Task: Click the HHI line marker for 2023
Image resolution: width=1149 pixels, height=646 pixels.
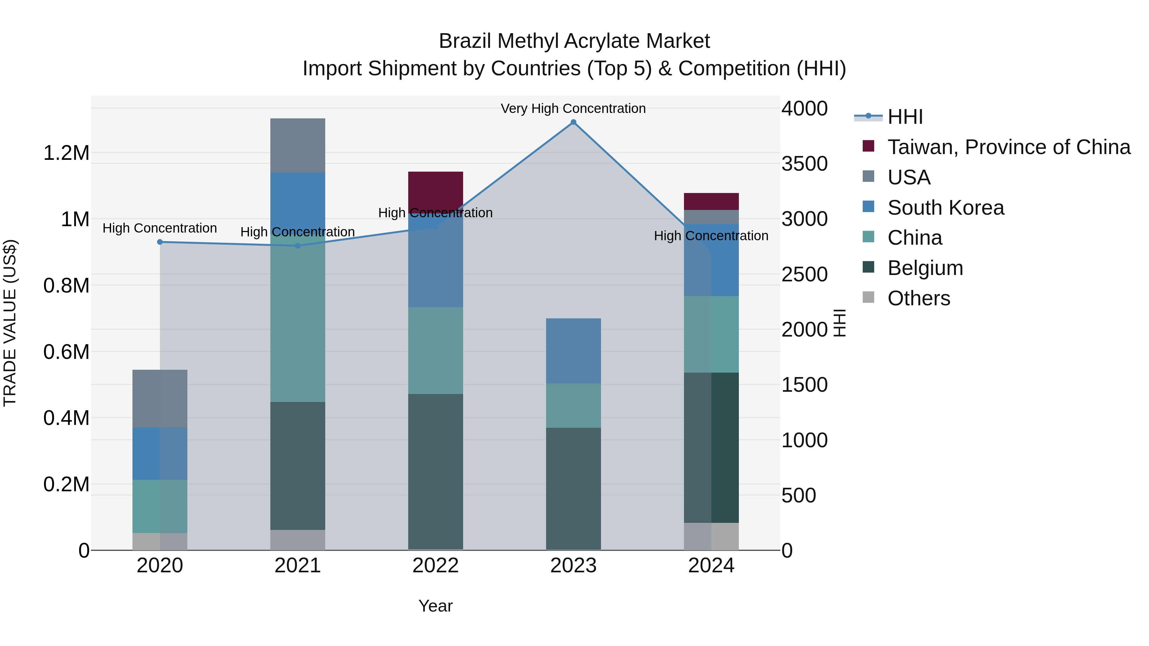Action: (x=574, y=122)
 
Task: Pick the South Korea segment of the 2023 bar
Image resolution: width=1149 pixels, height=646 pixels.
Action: (x=573, y=351)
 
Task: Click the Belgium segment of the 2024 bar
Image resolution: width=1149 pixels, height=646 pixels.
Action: (x=711, y=447)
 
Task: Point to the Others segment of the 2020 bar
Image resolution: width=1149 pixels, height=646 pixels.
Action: (x=160, y=541)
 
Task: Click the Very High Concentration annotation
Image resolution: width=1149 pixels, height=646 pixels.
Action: (x=573, y=108)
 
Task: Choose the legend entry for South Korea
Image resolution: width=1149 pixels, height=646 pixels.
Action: (x=946, y=208)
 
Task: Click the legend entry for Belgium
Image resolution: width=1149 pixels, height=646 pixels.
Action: (x=925, y=268)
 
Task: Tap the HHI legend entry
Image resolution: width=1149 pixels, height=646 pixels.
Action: (x=905, y=117)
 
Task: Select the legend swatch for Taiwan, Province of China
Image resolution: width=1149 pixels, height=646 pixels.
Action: (x=868, y=146)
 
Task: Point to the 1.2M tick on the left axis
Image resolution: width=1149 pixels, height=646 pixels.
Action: (x=66, y=153)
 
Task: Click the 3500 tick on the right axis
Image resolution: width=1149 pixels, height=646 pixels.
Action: (x=804, y=164)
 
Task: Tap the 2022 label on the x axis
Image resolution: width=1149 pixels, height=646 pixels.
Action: (x=435, y=566)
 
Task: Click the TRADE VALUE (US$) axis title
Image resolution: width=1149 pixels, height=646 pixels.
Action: (x=10, y=323)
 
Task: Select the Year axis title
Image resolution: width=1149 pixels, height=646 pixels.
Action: (x=435, y=606)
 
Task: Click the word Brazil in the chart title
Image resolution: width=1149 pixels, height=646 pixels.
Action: (x=465, y=41)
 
